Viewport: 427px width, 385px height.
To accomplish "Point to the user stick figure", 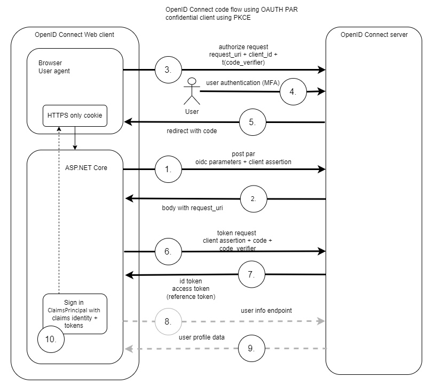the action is point(192,91).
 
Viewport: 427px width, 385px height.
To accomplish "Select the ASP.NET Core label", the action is point(86,168).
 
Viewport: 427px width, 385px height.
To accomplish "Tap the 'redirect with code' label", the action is point(192,131).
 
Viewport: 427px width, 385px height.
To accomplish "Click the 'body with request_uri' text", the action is point(192,208).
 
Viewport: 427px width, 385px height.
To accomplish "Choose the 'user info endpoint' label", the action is point(266,311).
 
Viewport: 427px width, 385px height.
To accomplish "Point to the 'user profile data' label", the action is point(202,337).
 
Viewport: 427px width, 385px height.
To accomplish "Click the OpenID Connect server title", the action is point(374,35).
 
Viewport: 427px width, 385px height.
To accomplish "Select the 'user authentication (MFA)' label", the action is point(243,83).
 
